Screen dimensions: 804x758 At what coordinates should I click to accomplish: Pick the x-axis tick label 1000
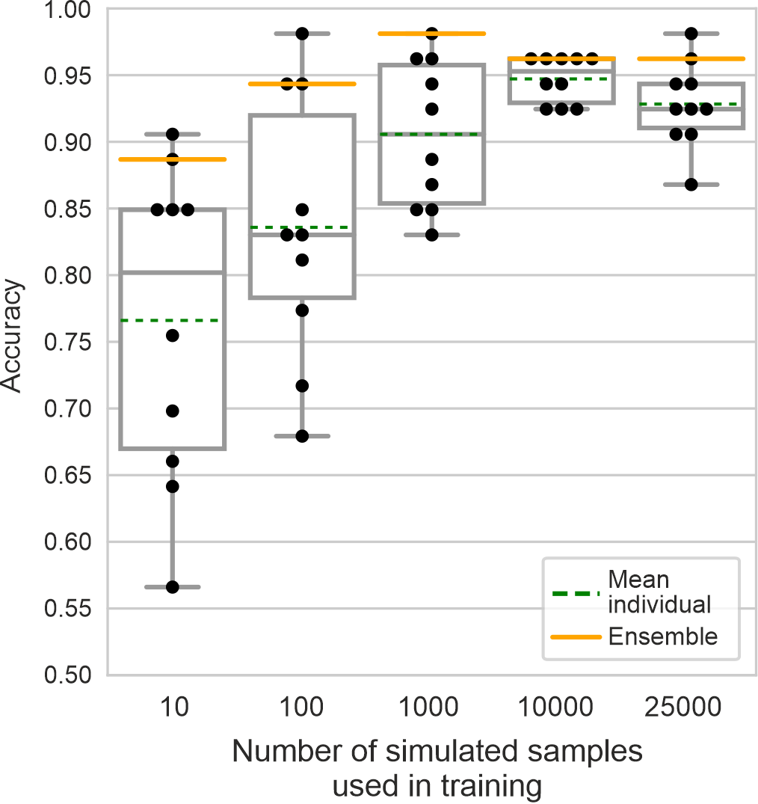[431, 706]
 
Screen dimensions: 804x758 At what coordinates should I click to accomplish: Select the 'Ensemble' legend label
[663, 636]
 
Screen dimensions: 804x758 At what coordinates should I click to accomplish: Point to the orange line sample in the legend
[576, 637]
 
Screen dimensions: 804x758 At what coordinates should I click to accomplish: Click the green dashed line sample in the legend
[576, 594]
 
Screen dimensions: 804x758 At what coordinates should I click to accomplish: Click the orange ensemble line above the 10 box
[172, 159]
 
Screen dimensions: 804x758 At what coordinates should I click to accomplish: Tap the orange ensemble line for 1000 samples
[431, 34]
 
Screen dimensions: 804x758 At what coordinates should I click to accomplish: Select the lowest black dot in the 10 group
[172, 587]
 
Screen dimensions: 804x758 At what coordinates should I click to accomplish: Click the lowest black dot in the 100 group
[302, 436]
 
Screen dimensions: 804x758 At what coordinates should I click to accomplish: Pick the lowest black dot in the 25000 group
[691, 184]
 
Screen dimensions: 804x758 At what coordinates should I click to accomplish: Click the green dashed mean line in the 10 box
[172, 320]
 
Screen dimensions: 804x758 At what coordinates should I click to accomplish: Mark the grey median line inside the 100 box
[302, 235]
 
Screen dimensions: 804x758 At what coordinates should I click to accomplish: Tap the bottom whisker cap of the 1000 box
[431, 235]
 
